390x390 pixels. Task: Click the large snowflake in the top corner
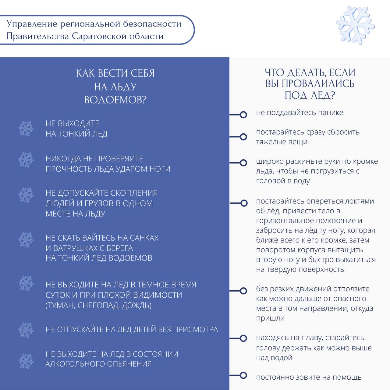[355, 25]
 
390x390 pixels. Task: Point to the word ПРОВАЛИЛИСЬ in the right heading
[318, 83]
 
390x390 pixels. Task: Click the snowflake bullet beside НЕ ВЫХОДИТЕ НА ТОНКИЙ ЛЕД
[26, 129]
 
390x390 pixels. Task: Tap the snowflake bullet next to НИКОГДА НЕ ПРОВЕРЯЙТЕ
[26, 160]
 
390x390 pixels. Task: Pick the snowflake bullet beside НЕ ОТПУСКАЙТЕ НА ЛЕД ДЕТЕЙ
[26, 329]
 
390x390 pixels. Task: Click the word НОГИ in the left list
[160, 169]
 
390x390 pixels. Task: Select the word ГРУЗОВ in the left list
[99, 203]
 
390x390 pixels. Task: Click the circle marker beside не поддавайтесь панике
[243, 115]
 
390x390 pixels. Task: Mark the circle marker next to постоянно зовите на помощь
[243, 375]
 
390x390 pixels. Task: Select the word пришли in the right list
[270, 318]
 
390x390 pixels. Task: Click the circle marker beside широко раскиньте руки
[243, 163]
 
